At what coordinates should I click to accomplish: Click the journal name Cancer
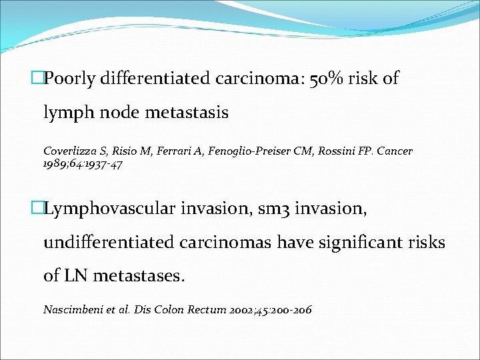click(395, 151)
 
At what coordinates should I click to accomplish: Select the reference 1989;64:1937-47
click(83, 164)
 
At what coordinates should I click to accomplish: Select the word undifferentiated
click(109, 242)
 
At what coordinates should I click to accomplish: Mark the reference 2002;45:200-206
click(269, 310)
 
